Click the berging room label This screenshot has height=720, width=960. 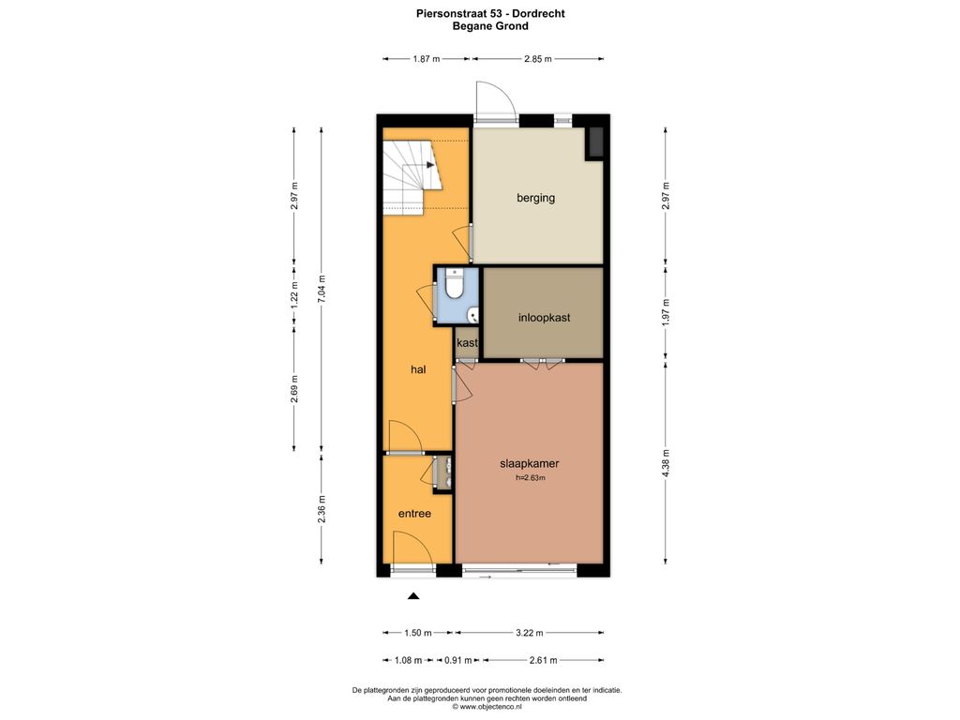[535, 198]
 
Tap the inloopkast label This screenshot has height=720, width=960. [545, 318]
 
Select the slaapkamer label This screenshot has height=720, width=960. [529, 463]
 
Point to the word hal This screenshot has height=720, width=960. [418, 369]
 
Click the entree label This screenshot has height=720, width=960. [414, 514]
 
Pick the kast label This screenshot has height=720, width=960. [467, 343]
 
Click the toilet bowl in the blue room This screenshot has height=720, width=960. [454, 285]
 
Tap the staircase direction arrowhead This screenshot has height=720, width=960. [430, 165]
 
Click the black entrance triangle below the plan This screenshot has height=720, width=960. [413, 595]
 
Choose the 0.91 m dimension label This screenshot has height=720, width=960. [457, 660]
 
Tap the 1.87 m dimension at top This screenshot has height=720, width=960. [427, 59]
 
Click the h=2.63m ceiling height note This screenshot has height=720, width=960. [531, 477]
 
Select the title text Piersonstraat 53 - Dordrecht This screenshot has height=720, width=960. [490, 13]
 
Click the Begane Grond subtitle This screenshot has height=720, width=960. [490, 25]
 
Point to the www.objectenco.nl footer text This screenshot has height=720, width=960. [487, 707]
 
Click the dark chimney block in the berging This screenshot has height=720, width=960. [595, 143]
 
